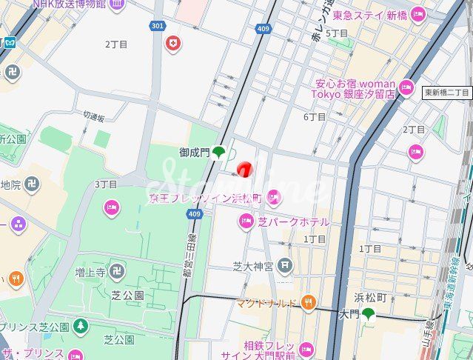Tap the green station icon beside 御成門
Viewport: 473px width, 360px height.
(219, 153)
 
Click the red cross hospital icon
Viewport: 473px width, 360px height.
(174, 43)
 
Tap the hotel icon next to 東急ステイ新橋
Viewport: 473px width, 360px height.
(418, 14)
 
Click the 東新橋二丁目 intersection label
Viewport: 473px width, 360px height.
(447, 93)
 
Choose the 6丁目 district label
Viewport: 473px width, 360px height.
(315, 117)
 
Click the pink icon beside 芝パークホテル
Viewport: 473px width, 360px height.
(246, 221)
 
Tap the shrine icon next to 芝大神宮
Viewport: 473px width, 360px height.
(285, 265)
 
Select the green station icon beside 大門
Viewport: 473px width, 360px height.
(368, 314)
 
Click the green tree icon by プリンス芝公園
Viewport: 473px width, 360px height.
(80, 327)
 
